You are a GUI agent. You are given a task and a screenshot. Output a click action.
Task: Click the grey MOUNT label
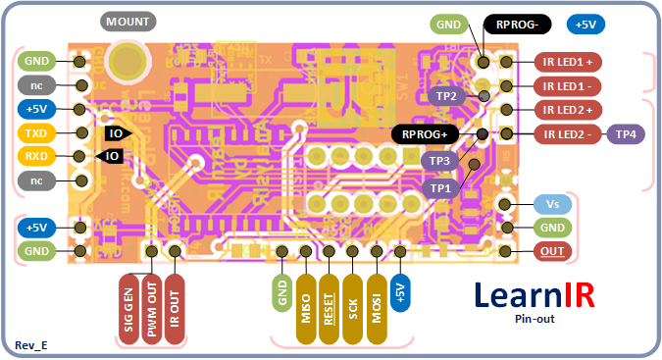pos(129,22)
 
